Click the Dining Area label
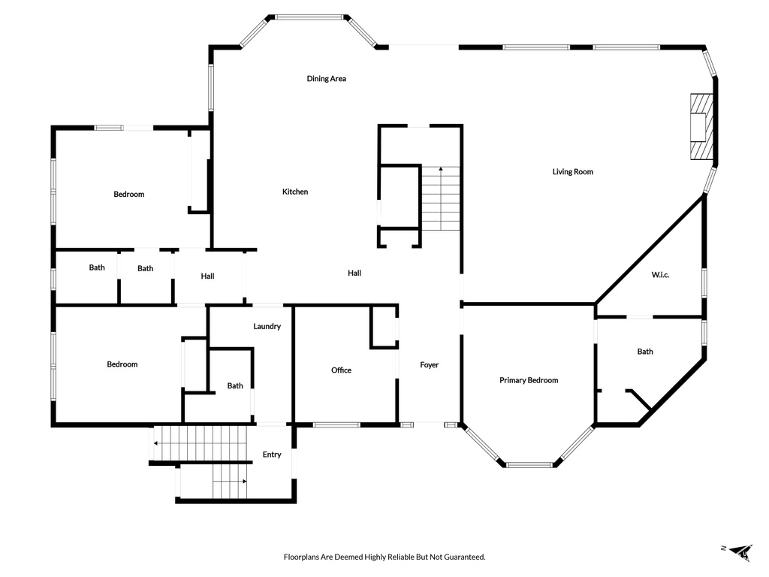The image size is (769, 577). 326,78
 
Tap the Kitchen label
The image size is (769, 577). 295,192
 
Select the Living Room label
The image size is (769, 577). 573,172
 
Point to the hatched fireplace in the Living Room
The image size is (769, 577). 701,126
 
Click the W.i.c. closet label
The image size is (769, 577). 660,275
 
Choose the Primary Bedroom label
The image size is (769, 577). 529,380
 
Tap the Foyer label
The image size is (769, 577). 429,365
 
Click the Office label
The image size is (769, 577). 342,370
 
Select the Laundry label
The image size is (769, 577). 267,326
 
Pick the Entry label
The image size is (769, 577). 272,455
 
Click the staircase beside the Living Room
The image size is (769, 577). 441,198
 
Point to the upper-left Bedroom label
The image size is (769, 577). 129,195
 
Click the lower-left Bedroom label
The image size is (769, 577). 122,364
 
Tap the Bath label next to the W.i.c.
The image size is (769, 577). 645,352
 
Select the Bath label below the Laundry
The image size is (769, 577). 235,386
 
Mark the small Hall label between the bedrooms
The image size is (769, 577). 207,276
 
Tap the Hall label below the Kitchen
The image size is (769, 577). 354,273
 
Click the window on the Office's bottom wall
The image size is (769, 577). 336,425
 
